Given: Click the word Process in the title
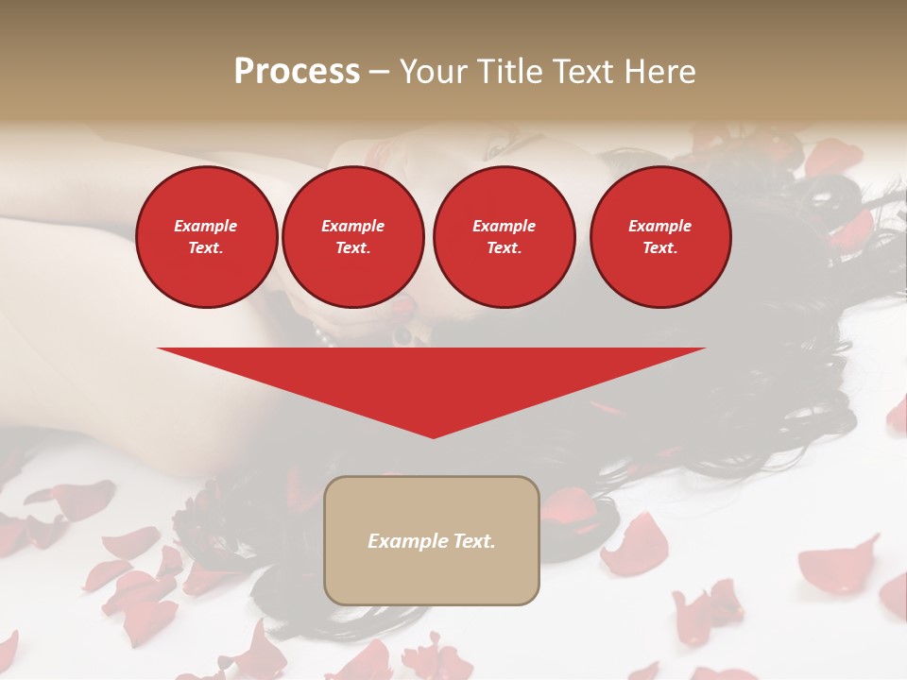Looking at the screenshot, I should [x=297, y=72].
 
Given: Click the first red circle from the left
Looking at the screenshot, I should [x=206, y=237].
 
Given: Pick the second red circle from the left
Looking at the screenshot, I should [x=352, y=237].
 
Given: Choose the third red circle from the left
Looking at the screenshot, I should [x=504, y=237].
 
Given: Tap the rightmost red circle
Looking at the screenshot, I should [x=660, y=237].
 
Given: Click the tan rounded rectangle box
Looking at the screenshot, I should [x=432, y=540].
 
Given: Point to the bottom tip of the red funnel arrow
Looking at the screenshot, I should [x=433, y=436].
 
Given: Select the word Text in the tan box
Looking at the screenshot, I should [x=474, y=541].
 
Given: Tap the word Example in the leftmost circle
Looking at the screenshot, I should [x=206, y=226].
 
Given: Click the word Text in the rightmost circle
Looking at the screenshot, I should [x=659, y=248].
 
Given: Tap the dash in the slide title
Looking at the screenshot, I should [x=379, y=72].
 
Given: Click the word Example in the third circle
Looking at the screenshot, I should [x=504, y=226].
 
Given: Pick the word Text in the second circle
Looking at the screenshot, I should [x=351, y=248].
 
